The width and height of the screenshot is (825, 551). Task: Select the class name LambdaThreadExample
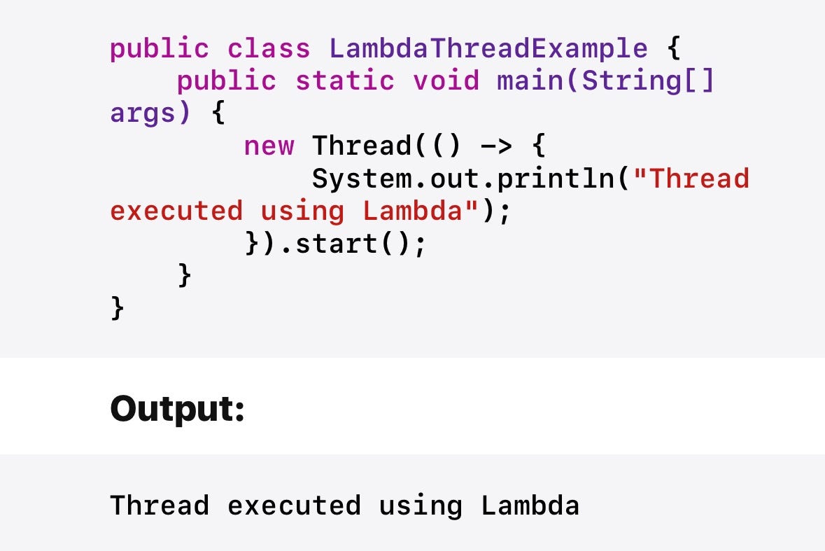[x=488, y=48]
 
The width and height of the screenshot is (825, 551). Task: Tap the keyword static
[x=344, y=81]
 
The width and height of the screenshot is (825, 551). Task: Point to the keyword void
[x=446, y=81]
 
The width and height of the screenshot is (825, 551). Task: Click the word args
[x=143, y=113]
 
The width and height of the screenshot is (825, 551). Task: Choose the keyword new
[x=269, y=146]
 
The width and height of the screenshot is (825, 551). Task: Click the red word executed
[x=176, y=211]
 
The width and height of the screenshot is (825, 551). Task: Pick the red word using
[x=302, y=211]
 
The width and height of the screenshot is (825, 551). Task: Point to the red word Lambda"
[x=421, y=211]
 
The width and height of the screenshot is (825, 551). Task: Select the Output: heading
[x=177, y=408]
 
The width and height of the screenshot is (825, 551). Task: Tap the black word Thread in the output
[x=160, y=505]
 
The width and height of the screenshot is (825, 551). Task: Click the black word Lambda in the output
[x=530, y=505]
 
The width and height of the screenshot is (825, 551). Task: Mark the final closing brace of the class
[x=117, y=308]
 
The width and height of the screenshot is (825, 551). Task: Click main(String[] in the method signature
[x=606, y=81]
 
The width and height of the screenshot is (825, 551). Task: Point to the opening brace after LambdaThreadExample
[x=673, y=48]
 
